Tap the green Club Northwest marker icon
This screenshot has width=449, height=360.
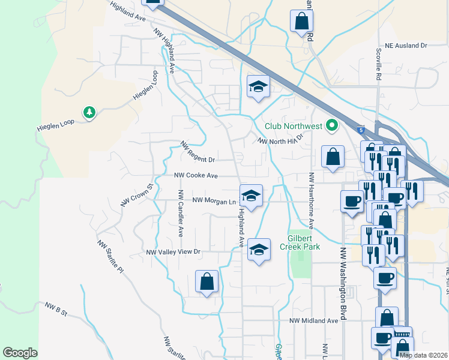(x=331, y=126)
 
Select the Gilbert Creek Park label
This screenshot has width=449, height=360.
(x=304, y=242)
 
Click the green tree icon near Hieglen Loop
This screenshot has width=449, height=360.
(x=89, y=112)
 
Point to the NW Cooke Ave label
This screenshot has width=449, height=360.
(x=196, y=176)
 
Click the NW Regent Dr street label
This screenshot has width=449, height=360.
(x=197, y=153)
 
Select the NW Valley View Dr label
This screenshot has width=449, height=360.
(x=172, y=253)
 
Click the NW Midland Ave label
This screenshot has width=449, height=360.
(x=313, y=321)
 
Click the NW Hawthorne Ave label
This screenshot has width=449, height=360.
(x=312, y=202)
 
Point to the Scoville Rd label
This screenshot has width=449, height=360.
(x=379, y=65)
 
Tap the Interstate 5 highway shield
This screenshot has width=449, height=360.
(x=360, y=129)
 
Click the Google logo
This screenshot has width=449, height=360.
(x=20, y=353)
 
